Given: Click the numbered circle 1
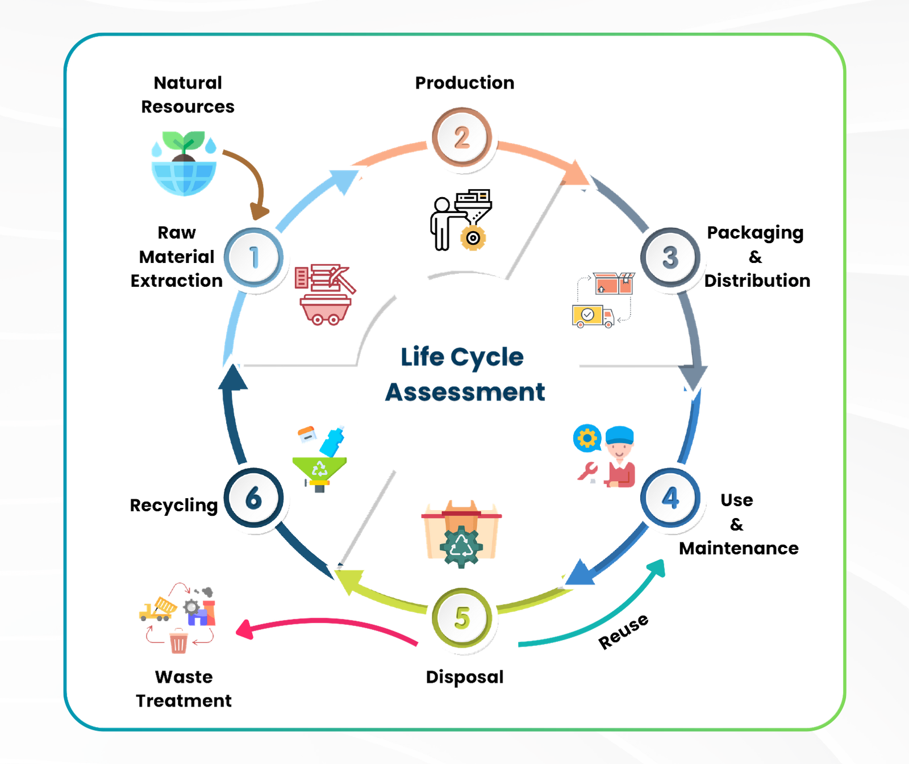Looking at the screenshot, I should pyautogui.click(x=253, y=257).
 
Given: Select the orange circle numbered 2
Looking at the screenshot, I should pyautogui.click(x=461, y=138).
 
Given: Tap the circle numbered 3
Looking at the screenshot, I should pyautogui.click(x=670, y=257).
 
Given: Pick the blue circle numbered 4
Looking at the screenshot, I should pyautogui.click(x=670, y=498).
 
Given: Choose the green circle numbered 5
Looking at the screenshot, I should pyautogui.click(x=462, y=618).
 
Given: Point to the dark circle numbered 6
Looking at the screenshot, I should pyautogui.click(x=253, y=498).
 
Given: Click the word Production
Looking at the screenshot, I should pyautogui.click(x=465, y=83).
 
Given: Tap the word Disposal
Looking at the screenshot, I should pyautogui.click(x=465, y=677).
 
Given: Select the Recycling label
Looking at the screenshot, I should pyautogui.click(x=173, y=505).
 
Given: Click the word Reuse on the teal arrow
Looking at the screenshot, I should pyautogui.click(x=623, y=631).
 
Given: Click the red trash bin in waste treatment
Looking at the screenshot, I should pyautogui.click(x=178, y=642).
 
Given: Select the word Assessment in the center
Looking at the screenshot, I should pyautogui.click(x=465, y=392).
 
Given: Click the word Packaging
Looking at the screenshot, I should pyautogui.click(x=754, y=233).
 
